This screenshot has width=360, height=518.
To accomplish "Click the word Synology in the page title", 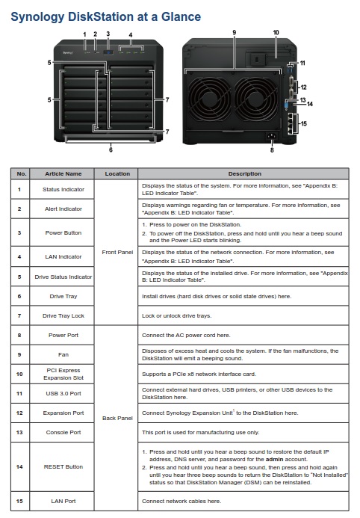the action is [37, 17].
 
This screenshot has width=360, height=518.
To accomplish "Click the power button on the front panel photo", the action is [108, 52].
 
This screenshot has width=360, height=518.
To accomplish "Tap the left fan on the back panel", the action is [209, 98].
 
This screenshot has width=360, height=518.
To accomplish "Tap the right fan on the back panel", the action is [256, 98].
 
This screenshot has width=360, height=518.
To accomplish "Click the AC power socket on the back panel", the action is [272, 135].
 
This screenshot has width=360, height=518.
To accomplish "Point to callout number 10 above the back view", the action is [276, 32].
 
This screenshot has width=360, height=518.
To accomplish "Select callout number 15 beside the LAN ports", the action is [303, 123].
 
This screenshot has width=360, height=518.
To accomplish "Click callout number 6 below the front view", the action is [111, 149].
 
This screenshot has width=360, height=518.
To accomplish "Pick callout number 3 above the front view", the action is [108, 34].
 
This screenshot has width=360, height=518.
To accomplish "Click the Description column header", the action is [244, 173].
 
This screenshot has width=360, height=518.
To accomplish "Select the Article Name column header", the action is [63, 173].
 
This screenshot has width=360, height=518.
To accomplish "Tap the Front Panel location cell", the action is [117, 252].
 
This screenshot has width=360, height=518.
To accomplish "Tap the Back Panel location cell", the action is [117, 418].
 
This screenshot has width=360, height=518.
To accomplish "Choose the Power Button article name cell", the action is [63, 232].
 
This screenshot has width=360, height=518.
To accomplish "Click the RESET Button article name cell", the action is [63, 466].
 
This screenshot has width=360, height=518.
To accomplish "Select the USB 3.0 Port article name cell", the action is [63, 393].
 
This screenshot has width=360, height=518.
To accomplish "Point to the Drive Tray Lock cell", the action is [63, 315].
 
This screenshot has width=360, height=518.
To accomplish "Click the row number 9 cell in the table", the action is [19, 354].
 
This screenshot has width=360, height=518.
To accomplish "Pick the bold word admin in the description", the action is [274, 459].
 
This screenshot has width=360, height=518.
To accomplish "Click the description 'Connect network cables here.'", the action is [181, 501].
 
